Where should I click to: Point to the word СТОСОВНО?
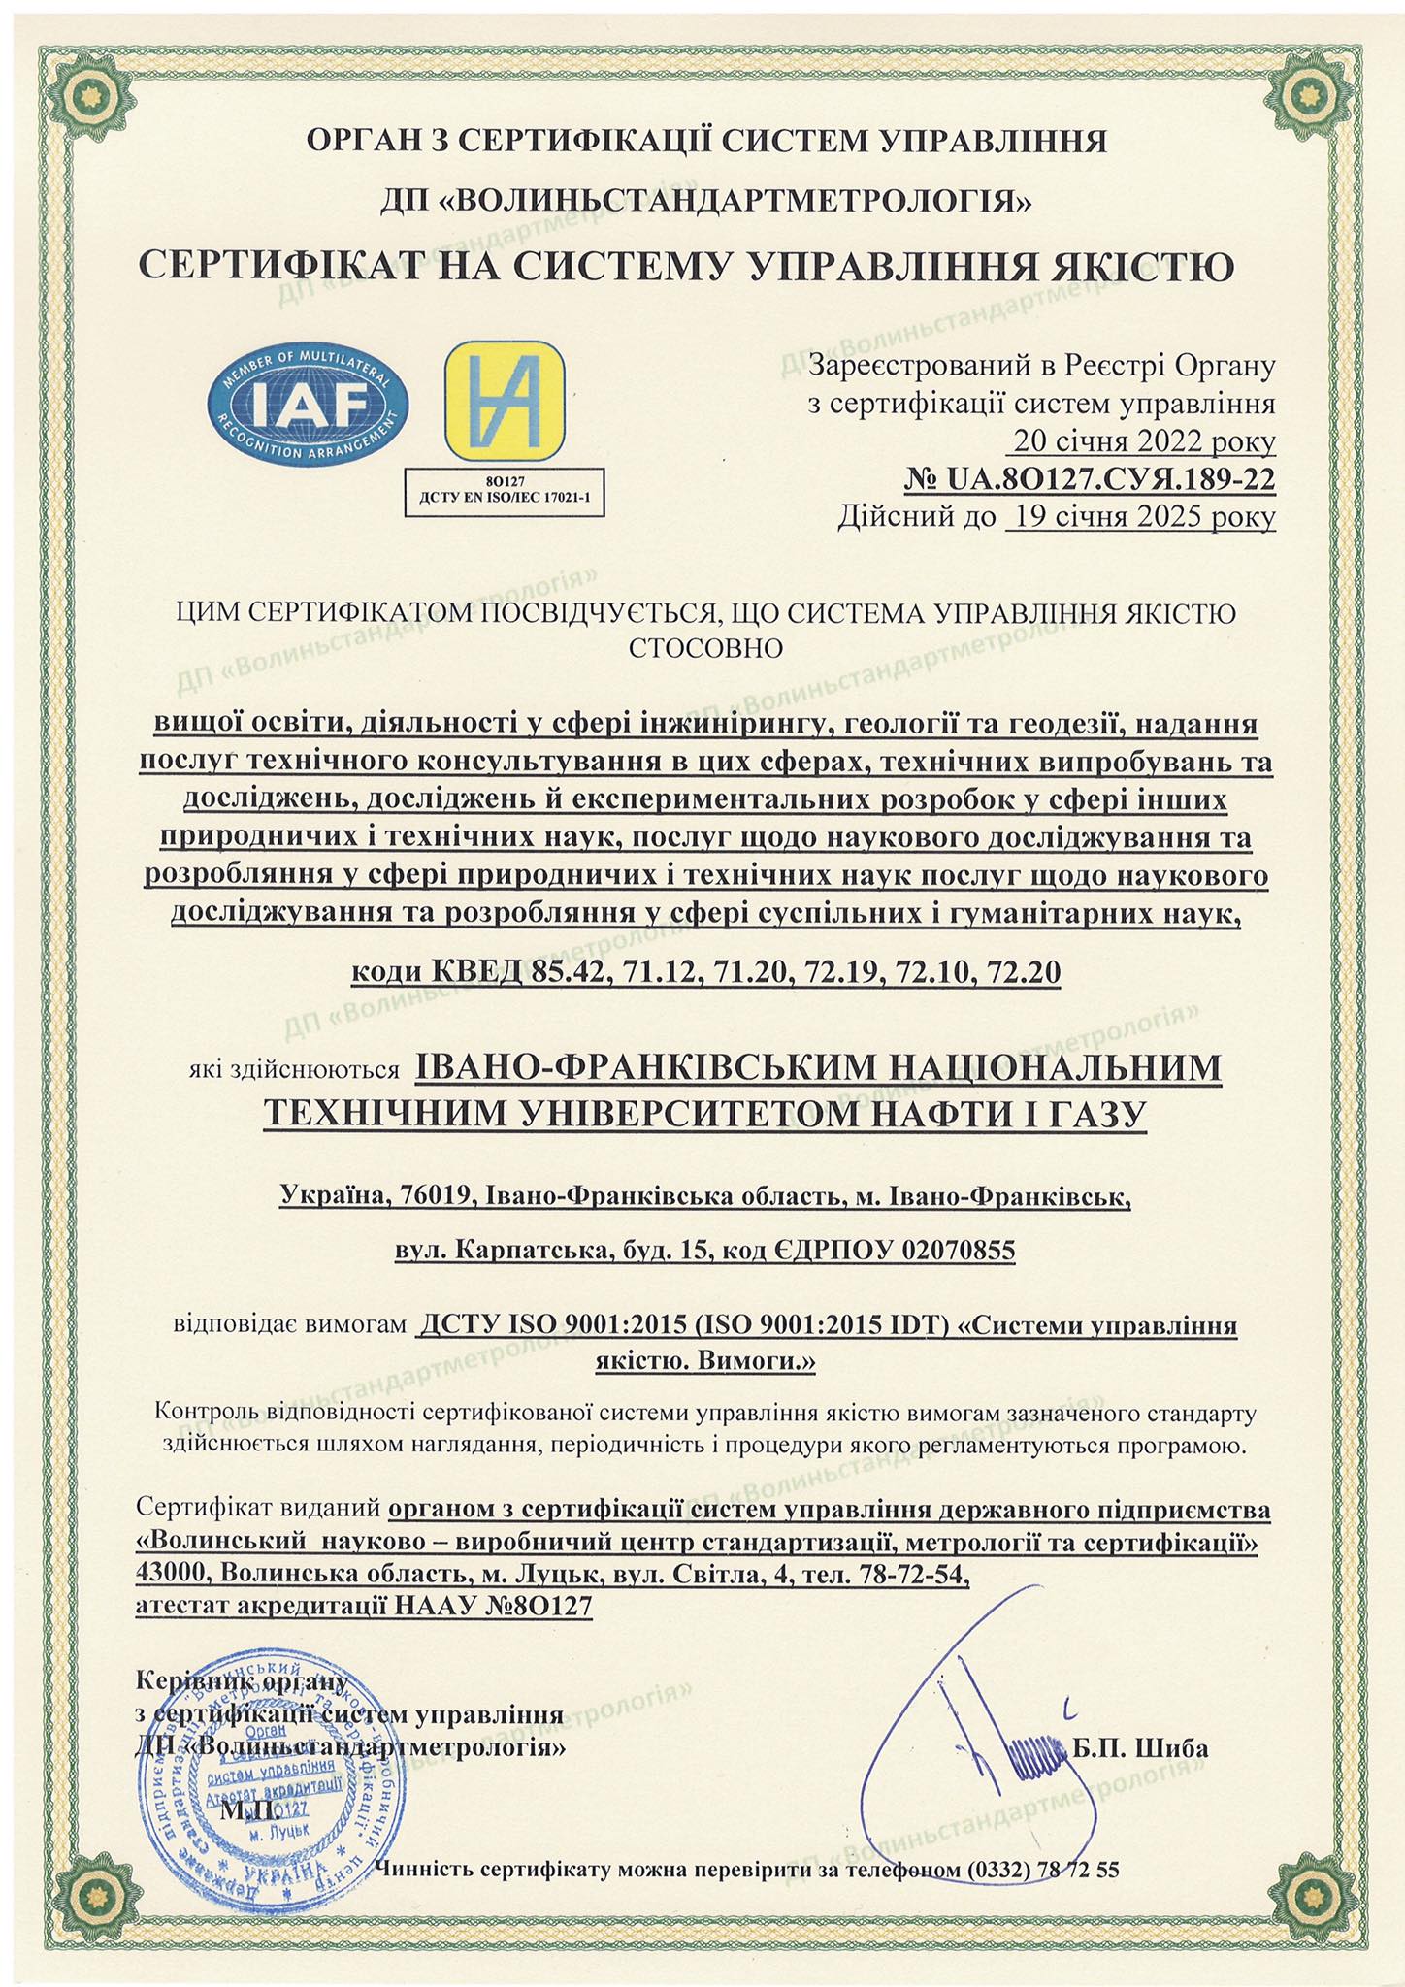(x=705, y=647)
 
